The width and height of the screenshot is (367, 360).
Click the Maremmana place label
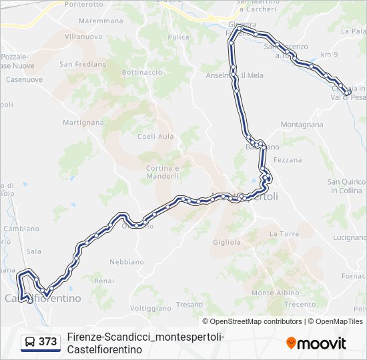pyautogui.click(x=101, y=21)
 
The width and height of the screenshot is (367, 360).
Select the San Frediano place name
pyautogui.click(x=83, y=65)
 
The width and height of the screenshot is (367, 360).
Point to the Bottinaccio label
pyautogui.click(x=142, y=72)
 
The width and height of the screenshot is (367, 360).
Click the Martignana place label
pyautogui.click(x=83, y=123)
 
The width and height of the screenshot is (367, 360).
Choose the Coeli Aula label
pyautogui.click(x=155, y=137)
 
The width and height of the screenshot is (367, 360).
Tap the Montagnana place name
pyautogui.click(x=302, y=125)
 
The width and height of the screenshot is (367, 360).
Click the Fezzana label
pyautogui.click(x=288, y=160)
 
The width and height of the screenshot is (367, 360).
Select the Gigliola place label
pyautogui.click(x=226, y=242)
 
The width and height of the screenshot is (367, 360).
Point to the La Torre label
pyautogui.click(x=284, y=234)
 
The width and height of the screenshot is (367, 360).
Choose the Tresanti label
pyautogui.click(x=190, y=305)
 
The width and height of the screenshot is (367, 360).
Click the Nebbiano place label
pyautogui.click(x=126, y=262)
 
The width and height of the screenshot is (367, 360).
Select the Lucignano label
pyautogui.click(x=350, y=237)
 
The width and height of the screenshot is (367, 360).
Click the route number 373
pyautogui.click(x=47, y=342)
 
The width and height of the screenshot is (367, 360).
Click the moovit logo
pyautogui.click(x=317, y=343)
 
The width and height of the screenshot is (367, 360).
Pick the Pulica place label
pyautogui.click(x=179, y=37)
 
